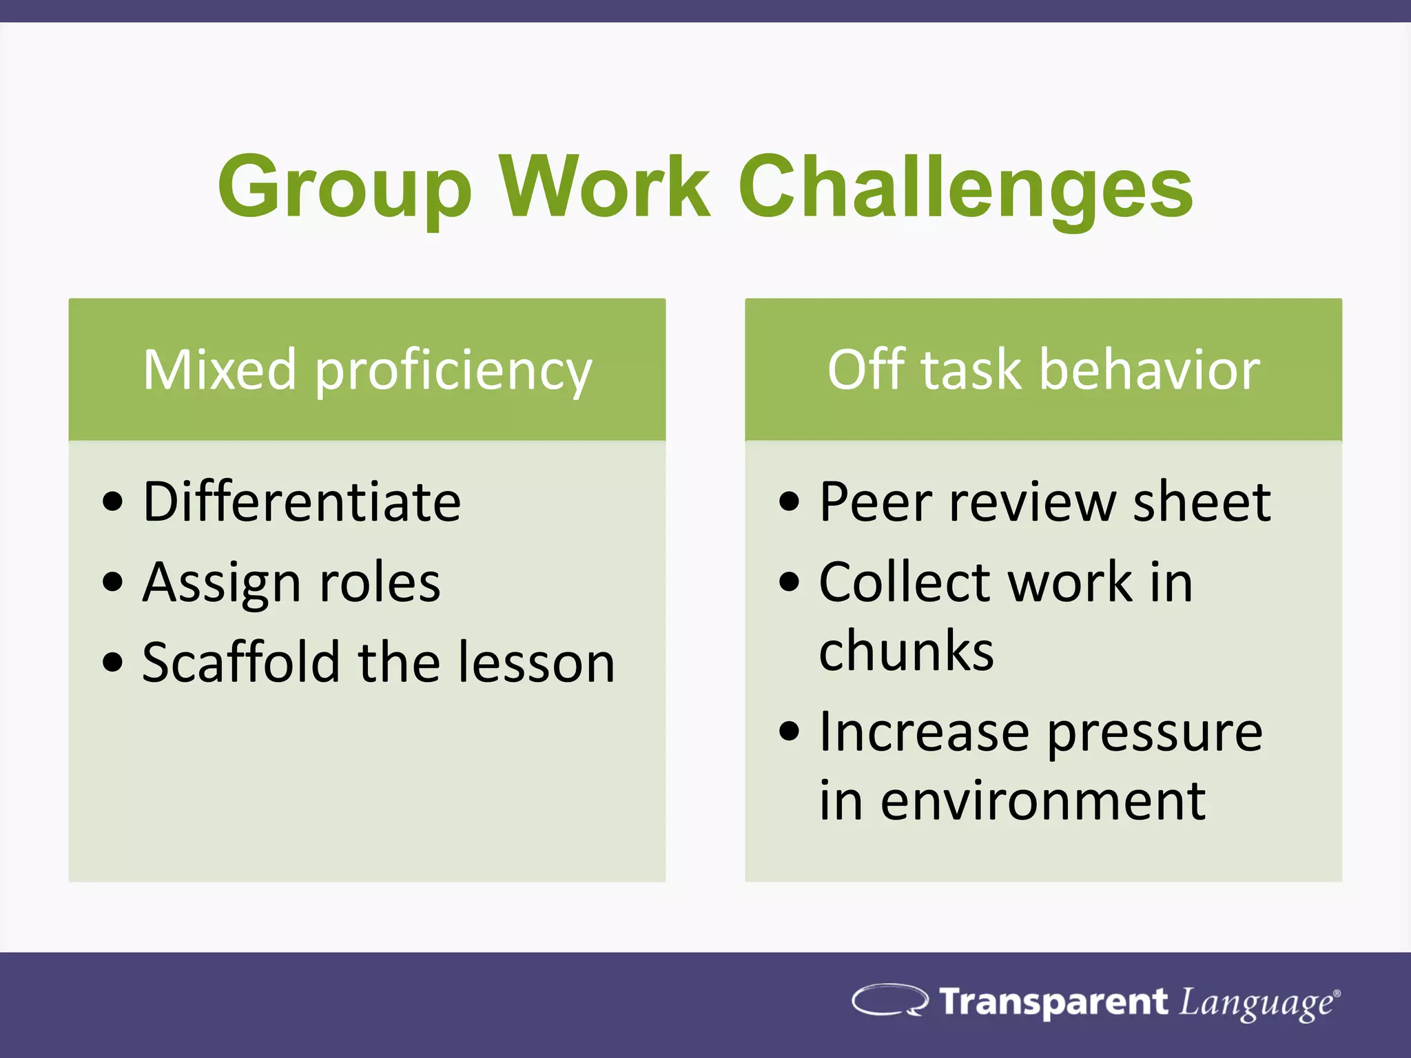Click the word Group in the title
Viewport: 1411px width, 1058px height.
[344, 187]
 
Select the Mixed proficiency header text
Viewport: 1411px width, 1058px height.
[367, 371]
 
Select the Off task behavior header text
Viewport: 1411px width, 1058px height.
[1043, 371]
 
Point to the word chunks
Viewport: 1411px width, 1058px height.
[906, 650]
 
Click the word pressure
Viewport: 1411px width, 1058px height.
[1155, 733]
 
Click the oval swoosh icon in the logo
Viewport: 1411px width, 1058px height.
[889, 1000]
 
